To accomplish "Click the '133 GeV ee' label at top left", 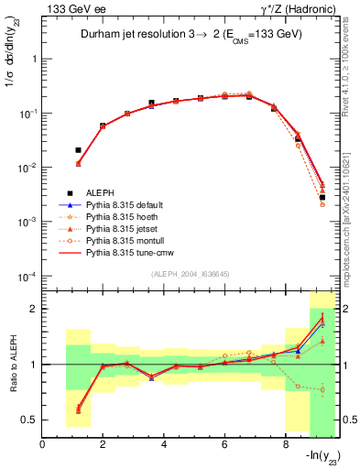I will [71, 8].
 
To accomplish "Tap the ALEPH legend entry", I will [101, 192].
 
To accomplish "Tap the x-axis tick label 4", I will [164, 445].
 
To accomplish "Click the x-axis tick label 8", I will [286, 445].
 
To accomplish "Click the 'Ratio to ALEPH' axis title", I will [12, 365].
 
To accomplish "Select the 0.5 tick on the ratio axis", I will [32, 420].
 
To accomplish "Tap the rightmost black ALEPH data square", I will [322, 197].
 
